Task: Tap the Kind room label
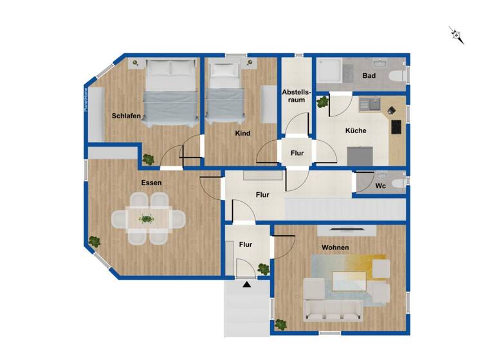tap(242, 134)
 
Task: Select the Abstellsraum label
tap(296, 96)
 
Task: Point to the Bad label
tap(369, 76)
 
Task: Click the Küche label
tap(356, 130)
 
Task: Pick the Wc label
tap(381, 186)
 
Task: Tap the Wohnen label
tap(336, 248)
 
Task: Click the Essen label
tap(152, 183)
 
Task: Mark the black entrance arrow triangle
tap(246, 283)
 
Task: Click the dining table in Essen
tap(147, 220)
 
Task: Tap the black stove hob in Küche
tap(396, 127)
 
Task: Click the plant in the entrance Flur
tap(263, 269)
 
